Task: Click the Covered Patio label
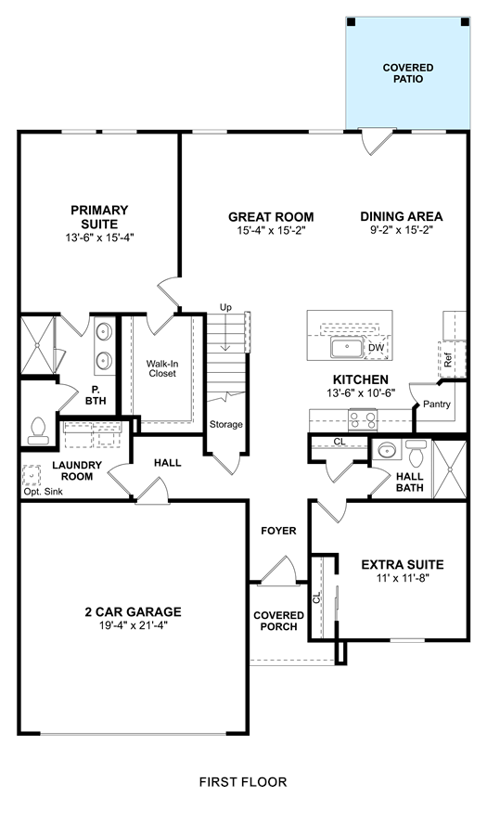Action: pos(408,73)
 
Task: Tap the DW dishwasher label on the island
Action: pos(376,348)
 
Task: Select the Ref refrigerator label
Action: pos(448,361)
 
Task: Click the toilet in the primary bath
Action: pos(37,430)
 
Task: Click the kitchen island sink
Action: pos(347,348)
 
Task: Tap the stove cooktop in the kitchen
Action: pos(363,420)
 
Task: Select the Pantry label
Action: pos(437,405)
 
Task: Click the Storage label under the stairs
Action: pos(225,424)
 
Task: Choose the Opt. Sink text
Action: pos(43,492)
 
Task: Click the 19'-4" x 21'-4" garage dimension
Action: pos(133,625)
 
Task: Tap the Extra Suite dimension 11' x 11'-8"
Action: pos(403,578)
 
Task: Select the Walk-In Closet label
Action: pos(162,368)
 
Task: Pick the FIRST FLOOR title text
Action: pos(243,782)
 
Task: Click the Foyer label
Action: pos(278,531)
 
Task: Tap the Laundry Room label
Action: pos(77,470)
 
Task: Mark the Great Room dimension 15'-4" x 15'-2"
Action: pos(271,230)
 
